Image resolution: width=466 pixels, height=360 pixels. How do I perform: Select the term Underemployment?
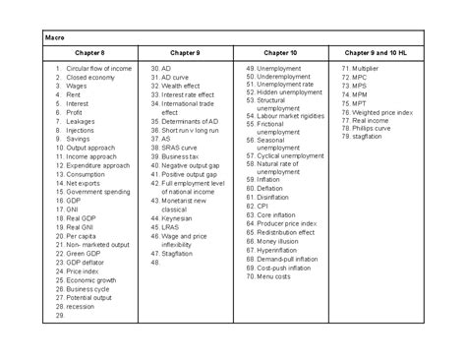point(288,77)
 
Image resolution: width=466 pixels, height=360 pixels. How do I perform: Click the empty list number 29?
point(60,315)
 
